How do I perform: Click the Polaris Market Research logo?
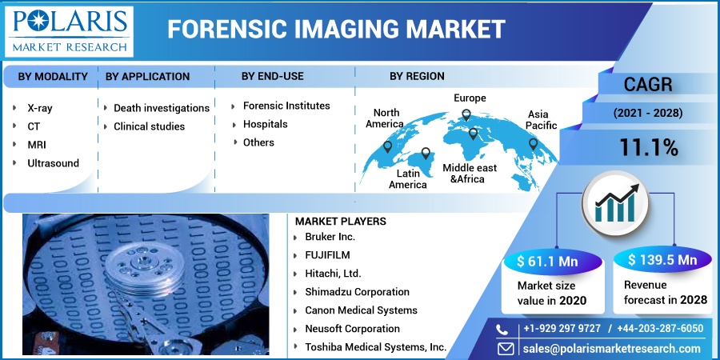click(x=69, y=32)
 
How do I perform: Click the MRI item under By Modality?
click(x=37, y=145)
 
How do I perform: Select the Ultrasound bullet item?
click(x=54, y=163)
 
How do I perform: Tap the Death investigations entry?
click(x=162, y=108)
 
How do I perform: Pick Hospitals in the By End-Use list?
click(x=266, y=124)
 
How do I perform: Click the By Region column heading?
click(x=417, y=76)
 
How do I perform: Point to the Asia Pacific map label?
click(x=541, y=119)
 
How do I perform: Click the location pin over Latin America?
click(x=426, y=154)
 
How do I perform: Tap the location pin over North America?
click(x=387, y=146)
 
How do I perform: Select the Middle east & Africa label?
click(x=470, y=173)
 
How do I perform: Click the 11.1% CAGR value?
click(x=649, y=147)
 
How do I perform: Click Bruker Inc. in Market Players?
click(x=330, y=237)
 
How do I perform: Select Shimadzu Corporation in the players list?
click(x=358, y=292)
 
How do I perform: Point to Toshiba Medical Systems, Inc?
click(x=376, y=347)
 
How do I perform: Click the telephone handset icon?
click(x=502, y=330)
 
